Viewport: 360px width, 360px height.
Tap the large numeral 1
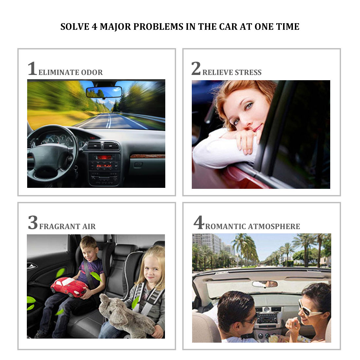coord(32,68)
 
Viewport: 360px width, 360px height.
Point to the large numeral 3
coord(33,222)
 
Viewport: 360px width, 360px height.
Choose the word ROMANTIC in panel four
coord(225,226)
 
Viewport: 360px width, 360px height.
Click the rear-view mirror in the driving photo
coord(104,92)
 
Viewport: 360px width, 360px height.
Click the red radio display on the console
coord(104,157)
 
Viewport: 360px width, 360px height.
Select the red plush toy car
coord(69,287)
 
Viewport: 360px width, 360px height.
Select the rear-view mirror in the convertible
coord(265,284)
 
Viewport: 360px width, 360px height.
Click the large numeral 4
coord(199,222)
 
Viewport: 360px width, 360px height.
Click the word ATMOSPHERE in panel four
coord(274,226)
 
